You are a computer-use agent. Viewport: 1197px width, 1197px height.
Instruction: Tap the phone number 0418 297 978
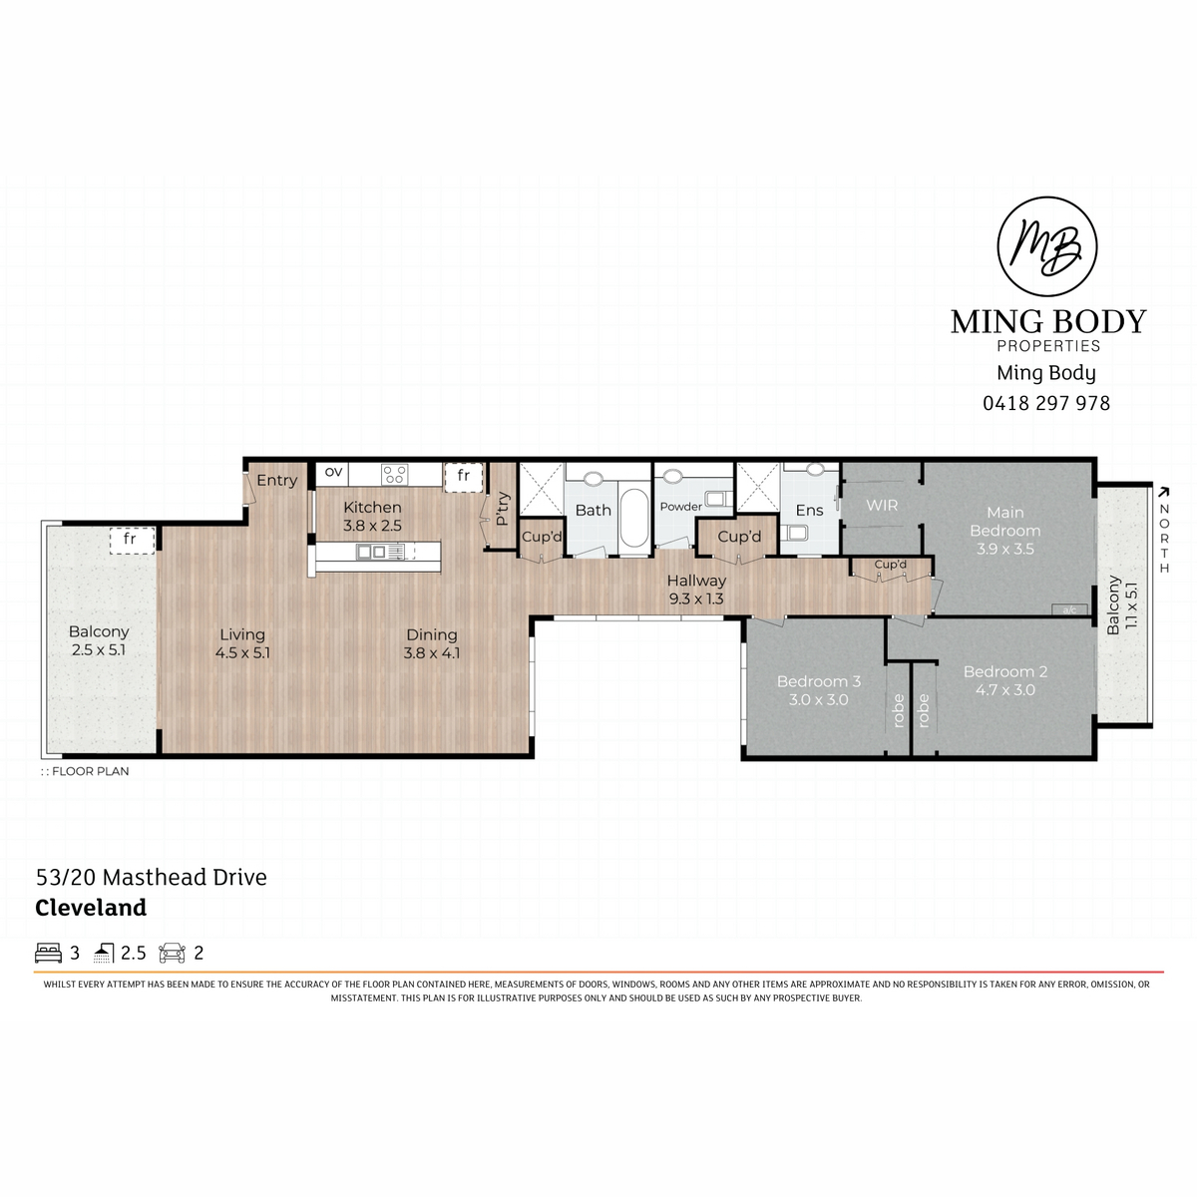click(x=1045, y=403)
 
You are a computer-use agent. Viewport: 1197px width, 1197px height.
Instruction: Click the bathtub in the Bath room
click(x=633, y=520)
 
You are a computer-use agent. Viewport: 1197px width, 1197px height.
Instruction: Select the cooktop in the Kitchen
click(x=394, y=474)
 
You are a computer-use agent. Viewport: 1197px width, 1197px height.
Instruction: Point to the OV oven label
click(x=333, y=472)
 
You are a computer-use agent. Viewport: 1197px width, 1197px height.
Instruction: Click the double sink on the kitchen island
click(x=371, y=551)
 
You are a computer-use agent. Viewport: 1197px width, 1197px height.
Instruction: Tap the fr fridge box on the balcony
click(x=132, y=540)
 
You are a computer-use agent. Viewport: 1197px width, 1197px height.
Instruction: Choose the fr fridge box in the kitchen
click(x=464, y=477)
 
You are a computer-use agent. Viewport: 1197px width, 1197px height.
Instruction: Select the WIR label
click(x=882, y=505)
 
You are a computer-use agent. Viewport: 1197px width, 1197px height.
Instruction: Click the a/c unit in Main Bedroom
click(x=1069, y=609)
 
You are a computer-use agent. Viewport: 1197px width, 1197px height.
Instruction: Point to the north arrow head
click(x=1163, y=492)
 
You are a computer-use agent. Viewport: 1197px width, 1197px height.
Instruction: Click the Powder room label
click(x=681, y=507)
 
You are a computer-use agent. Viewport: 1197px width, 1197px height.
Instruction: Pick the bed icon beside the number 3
click(x=49, y=953)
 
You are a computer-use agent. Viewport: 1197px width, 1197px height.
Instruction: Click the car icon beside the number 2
click(x=172, y=953)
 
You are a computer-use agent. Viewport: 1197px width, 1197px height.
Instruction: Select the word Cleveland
click(x=91, y=908)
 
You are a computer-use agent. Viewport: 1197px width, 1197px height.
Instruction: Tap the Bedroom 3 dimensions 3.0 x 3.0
click(x=818, y=699)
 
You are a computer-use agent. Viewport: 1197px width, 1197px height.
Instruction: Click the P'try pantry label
click(x=503, y=510)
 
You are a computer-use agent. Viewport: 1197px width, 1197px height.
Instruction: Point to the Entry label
click(x=276, y=481)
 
